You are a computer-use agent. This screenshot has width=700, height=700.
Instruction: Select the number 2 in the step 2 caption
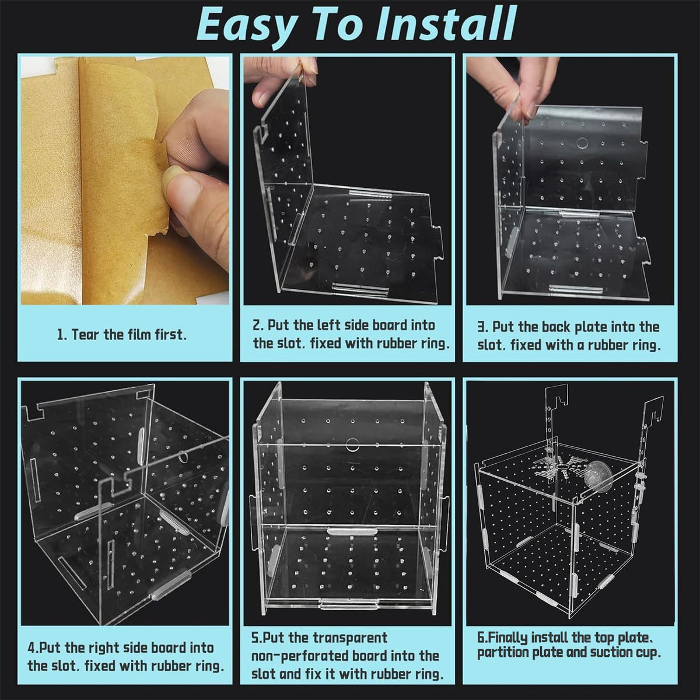[x=257, y=325]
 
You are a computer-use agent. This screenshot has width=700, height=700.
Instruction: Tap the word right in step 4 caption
[x=104, y=647]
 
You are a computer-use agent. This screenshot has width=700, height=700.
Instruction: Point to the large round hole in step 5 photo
[x=352, y=444]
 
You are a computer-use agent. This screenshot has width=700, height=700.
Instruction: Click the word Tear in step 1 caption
[x=86, y=334]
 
